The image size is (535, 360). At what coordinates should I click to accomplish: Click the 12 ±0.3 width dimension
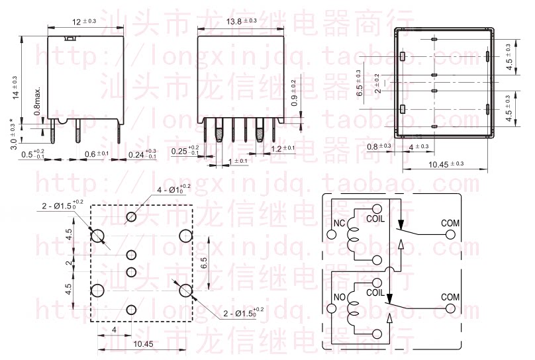[x=84, y=22]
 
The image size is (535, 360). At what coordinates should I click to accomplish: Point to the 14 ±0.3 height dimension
[x=14, y=87]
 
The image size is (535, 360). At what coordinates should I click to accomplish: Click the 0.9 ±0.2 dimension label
[x=294, y=92]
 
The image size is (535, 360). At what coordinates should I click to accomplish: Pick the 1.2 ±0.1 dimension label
[x=285, y=149]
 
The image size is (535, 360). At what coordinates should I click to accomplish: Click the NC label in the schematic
[x=340, y=222]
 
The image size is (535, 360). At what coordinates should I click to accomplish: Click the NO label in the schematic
[x=340, y=297]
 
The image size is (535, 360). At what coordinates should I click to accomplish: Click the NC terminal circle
[x=332, y=233]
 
